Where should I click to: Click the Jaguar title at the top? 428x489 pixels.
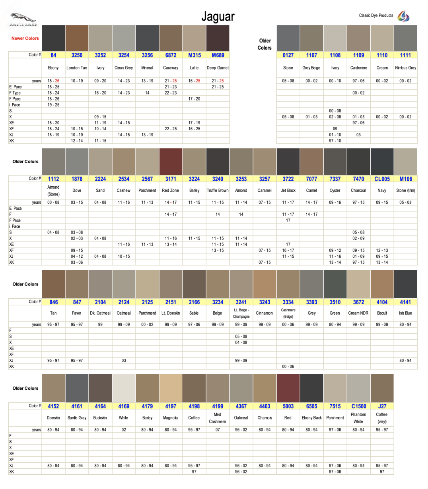(x=218, y=17)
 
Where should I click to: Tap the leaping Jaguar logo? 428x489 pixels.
(x=23, y=19)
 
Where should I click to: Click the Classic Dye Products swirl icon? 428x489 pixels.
(x=403, y=16)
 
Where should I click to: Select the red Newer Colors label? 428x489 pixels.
(x=25, y=38)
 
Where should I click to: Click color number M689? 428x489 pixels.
(x=218, y=55)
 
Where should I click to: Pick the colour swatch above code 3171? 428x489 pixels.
(x=171, y=162)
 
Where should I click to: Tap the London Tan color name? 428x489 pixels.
(x=77, y=68)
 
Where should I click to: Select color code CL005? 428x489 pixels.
(x=382, y=179)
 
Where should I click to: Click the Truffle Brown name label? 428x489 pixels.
(x=218, y=191)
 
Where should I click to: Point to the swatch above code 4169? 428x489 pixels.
(x=124, y=388)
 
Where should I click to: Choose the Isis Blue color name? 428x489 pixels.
(x=405, y=313)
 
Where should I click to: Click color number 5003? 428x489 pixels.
(x=288, y=406)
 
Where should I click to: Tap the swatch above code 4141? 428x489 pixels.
(x=405, y=284)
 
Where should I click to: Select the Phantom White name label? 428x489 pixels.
(x=358, y=418)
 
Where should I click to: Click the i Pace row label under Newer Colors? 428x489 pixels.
(x=15, y=105)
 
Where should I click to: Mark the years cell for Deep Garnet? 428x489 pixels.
(x=218, y=81)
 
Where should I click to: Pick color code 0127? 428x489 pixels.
(x=288, y=55)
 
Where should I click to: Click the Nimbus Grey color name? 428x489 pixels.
(x=405, y=68)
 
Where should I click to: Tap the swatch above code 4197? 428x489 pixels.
(x=171, y=388)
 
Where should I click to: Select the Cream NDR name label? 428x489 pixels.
(x=358, y=313)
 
